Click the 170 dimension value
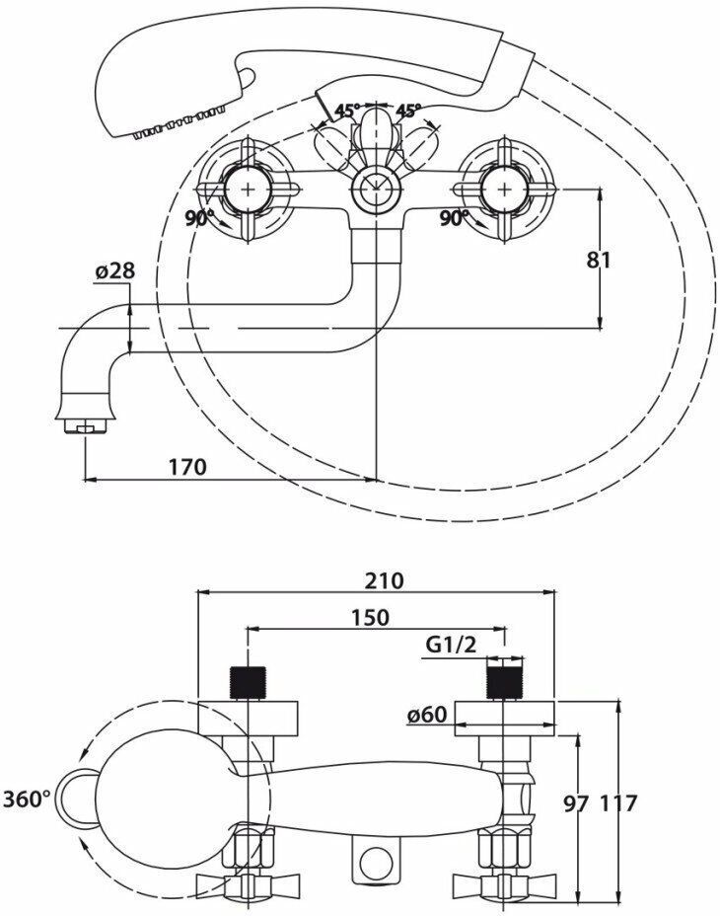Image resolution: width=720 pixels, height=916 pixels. click(186, 466)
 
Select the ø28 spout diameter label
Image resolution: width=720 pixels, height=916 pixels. click(115, 270)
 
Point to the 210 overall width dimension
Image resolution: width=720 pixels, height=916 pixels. click(384, 580)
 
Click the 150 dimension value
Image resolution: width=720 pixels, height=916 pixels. click(369, 618)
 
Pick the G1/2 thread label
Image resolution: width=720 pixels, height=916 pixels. click(452, 647)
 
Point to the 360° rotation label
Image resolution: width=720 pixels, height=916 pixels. click(27, 799)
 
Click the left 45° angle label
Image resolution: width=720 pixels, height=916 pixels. click(345, 111)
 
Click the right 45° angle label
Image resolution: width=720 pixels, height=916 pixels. click(408, 111)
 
